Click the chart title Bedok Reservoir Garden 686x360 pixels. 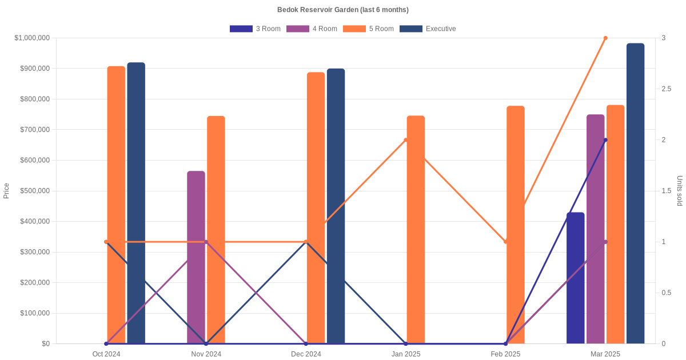(342, 10)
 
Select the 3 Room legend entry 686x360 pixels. (255, 29)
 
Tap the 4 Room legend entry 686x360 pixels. (312, 29)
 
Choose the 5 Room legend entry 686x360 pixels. (368, 29)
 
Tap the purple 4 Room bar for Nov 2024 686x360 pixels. (196, 257)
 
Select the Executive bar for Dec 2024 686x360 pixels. (336, 206)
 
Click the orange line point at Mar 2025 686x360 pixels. (605, 38)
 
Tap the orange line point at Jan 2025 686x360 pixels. (406, 140)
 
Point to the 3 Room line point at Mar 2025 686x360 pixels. (605, 140)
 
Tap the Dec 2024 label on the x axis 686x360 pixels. (306, 354)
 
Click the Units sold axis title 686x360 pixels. (680, 191)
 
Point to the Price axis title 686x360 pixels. (6, 191)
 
